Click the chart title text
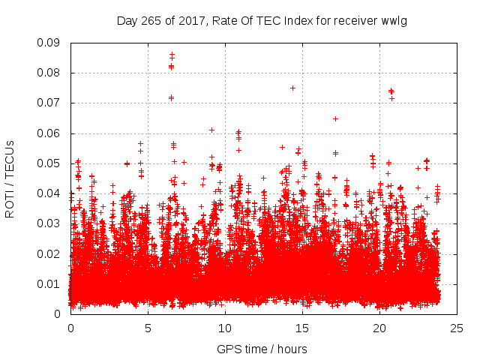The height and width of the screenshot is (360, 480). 262,20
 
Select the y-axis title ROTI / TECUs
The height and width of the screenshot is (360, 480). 10,178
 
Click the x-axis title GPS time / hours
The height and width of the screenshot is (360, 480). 262,349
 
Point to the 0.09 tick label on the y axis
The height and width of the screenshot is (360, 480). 49,43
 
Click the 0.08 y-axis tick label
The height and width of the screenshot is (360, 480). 49,73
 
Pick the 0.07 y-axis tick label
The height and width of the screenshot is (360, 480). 49,103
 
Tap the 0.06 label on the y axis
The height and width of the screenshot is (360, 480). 49,133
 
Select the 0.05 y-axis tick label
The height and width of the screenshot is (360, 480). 49,163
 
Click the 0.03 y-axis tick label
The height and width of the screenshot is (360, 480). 49,223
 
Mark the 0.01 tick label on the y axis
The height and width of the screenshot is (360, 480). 49,283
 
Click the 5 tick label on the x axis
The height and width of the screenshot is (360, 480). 148,328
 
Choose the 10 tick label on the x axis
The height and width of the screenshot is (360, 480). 225,328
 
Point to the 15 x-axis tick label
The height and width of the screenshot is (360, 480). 302,328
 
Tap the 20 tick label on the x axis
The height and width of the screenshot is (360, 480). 379,328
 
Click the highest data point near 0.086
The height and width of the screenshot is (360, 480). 172,55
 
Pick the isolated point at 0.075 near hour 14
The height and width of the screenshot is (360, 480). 292,88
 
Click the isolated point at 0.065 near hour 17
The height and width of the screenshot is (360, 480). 335,118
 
